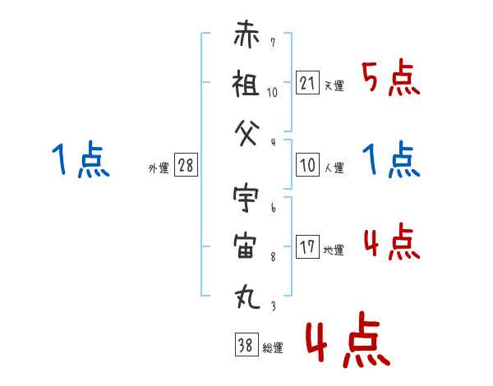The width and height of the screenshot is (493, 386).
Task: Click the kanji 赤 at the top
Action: click(246, 34)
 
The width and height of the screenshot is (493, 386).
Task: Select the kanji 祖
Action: click(246, 83)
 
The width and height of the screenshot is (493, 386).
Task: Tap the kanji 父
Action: click(247, 134)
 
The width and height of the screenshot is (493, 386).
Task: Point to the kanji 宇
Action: click(246, 198)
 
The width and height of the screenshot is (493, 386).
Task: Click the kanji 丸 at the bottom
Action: click(247, 296)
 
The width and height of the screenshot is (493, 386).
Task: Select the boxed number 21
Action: click(307, 83)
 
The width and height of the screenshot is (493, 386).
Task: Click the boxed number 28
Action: click(186, 164)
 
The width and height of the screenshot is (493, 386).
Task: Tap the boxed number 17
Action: click(307, 246)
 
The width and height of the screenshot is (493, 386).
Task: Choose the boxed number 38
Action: click(246, 344)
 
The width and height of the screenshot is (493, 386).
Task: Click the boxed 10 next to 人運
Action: click(307, 164)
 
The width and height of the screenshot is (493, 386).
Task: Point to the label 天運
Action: click(334, 85)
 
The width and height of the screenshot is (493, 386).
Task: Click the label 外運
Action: click(159, 168)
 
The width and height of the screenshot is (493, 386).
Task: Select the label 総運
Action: click(273, 347)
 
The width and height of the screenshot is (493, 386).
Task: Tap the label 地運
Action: click(334, 250)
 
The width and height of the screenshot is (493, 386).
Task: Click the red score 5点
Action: click(391, 77)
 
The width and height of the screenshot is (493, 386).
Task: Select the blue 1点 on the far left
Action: click(81, 159)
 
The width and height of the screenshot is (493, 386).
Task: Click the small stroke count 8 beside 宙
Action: click(274, 257)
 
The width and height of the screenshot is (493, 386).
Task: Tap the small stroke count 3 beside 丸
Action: click(274, 306)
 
